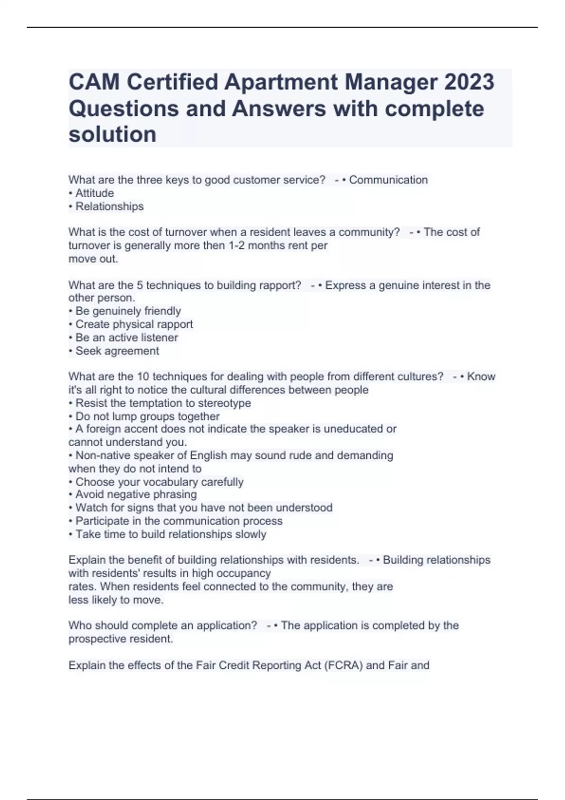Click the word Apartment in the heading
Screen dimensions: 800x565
pyautogui.click(x=282, y=82)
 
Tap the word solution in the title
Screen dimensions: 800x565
pyautogui.click(x=113, y=135)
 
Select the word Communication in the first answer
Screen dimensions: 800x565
pyautogui.click(x=388, y=180)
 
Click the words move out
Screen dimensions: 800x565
pyautogui.click(x=93, y=259)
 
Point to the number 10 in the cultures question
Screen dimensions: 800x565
pyautogui.click(x=143, y=376)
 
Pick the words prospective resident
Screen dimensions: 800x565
pyautogui.click(x=121, y=639)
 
